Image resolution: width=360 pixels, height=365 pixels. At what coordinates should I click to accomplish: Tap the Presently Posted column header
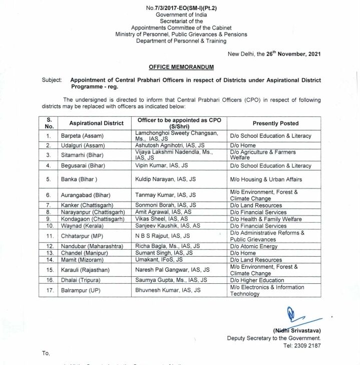(x=275, y=123)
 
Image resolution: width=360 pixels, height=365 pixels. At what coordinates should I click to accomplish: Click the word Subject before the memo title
(x=52, y=80)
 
